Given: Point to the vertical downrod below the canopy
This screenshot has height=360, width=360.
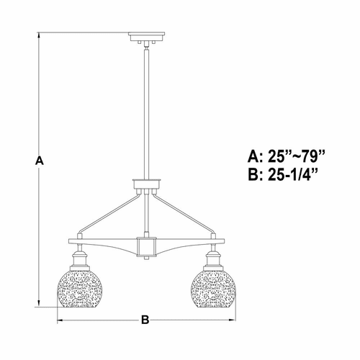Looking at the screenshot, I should point(146,108).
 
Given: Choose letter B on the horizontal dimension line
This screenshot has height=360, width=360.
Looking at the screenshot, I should point(145,320).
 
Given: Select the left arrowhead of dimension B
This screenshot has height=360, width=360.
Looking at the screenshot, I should point(60,320).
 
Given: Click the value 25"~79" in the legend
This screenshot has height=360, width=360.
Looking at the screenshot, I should point(296,156).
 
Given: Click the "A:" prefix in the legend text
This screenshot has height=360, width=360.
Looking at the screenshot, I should point(256,156).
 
